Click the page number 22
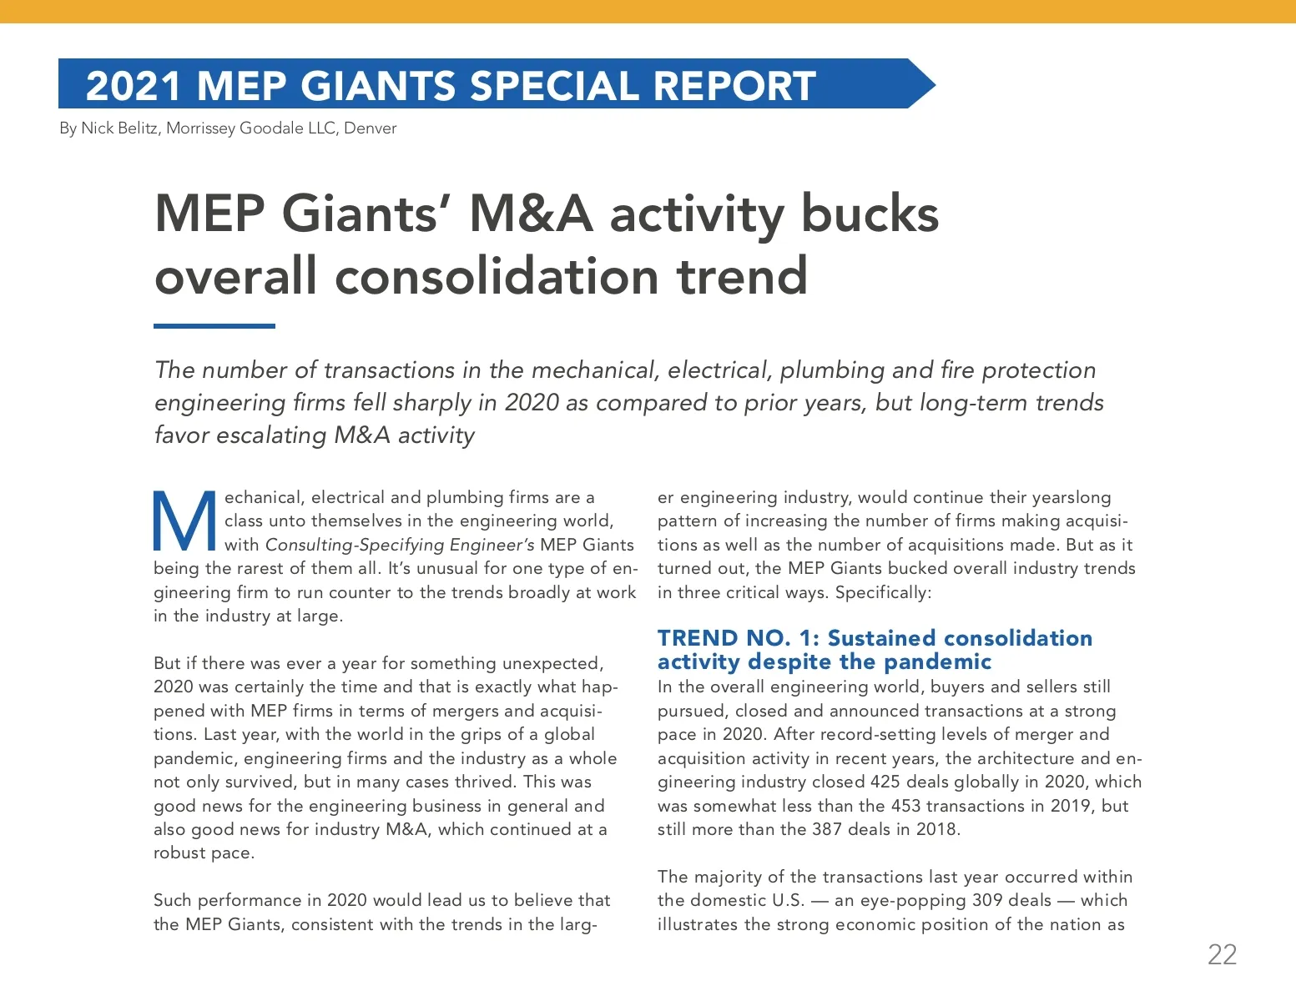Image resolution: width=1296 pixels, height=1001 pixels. pyautogui.click(x=1222, y=954)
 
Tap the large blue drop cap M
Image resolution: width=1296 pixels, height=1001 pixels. pyautogui.click(x=184, y=522)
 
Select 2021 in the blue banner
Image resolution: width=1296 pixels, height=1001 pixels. pyautogui.click(x=134, y=86)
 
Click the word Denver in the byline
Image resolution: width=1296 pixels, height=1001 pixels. pyautogui.click(x=370, y=128)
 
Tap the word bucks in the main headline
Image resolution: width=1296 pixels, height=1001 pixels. pyautogui.click(x=870, y=214)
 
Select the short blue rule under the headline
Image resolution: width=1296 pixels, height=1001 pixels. pyautogui.click(x=214, y=326)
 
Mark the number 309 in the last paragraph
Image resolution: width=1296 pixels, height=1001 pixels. pyautogui.click(x=988, y=901)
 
